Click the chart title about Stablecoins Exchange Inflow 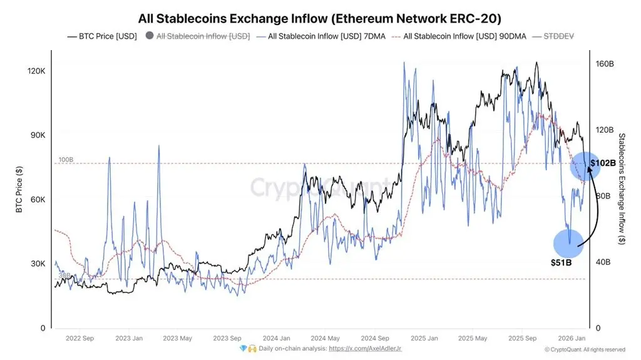pos(320,18)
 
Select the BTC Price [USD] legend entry pos(102,36)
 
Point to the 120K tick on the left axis pos(36,71)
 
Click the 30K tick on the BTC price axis pos(38,264)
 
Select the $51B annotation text pos(561,262)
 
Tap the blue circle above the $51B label pos(568,244)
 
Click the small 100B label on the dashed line pos(66,160)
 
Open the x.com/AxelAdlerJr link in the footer pos(366,348)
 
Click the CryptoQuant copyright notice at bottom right pos(584,349)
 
